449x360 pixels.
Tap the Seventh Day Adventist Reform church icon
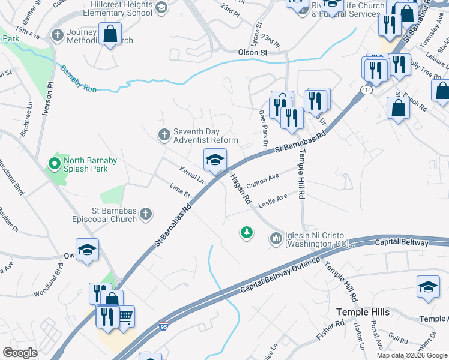point(164,135)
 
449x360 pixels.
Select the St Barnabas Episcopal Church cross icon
point(145,214)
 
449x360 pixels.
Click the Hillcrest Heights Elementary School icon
point(160,7)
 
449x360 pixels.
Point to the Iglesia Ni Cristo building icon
point(276,239)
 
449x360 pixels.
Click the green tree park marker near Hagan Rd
point(246,232)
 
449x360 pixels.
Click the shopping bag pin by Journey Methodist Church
point(110,34)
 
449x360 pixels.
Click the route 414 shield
point(365,89)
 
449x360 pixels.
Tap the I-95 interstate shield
point(163,326)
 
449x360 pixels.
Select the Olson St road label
point(252,53)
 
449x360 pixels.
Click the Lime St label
point(179,191)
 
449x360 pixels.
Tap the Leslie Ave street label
point(273,200)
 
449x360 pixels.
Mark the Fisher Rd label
point(331,331)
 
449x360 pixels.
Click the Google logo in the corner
point(20,353)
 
